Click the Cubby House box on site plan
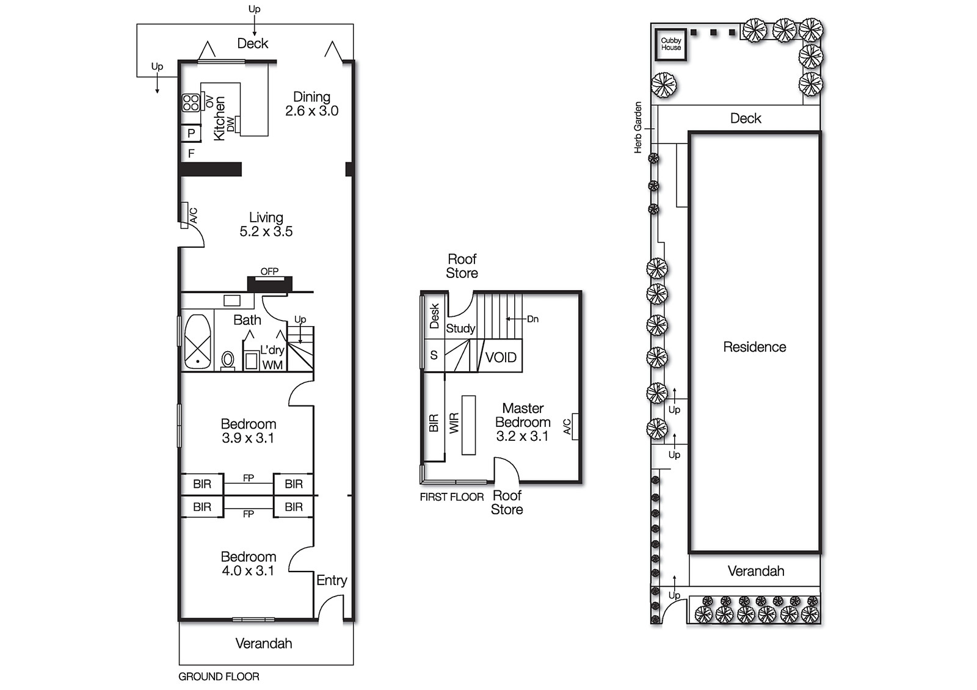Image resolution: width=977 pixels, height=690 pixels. (x=670, y=44)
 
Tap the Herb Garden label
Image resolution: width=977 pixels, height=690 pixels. (x=638, y=127)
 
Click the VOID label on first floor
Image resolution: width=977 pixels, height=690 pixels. (x=501, y=357)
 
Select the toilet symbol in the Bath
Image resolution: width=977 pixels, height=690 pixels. (x=228, y=360)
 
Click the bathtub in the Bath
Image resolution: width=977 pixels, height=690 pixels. (x=197, y=342)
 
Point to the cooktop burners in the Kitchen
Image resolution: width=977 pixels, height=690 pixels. (x=191, y=102)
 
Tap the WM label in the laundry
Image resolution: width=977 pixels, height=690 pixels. (x=272, y=365)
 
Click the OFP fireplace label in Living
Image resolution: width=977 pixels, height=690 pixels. (x=269, y=271)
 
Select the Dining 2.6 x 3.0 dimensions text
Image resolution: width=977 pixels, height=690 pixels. (x=311, y=111)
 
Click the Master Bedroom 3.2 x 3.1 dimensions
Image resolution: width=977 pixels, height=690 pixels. (x=522, y=436)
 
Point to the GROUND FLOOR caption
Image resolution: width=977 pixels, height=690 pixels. (x=219, y=677)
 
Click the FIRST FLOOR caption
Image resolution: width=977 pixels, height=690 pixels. (x=451, y=497)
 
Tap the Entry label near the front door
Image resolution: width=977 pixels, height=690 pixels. (x=332, y=580)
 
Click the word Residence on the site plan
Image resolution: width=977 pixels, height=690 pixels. (x=754, y=347)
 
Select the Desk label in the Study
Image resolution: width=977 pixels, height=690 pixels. (x=434, y=316)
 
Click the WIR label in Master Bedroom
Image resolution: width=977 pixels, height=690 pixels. (x=454, y=423)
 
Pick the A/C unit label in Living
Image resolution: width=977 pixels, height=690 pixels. (x=194, y=215)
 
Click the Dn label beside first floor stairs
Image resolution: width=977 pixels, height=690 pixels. (x=532, y=319)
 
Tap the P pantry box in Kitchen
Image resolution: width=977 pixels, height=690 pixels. (x=191, y=133)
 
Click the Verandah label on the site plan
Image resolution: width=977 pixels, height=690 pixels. (x=755, y=571)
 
